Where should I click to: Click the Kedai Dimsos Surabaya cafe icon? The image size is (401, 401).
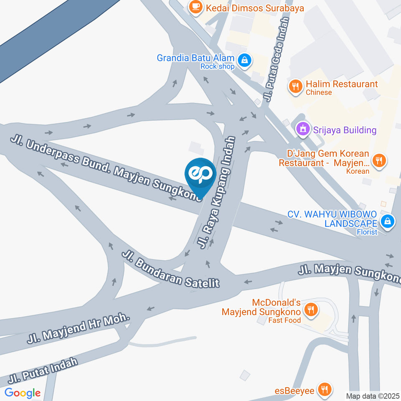(x=195, y=6)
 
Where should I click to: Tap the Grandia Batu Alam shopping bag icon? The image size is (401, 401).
(x=244, y=61)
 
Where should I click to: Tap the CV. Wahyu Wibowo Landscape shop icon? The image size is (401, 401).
(x=388, y=221)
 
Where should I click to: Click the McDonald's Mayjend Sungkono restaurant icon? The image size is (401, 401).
(x=310, y=310)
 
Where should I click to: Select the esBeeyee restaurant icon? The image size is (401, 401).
(x=324, y=390)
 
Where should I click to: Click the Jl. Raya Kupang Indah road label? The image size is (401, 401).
(x=218, y=193)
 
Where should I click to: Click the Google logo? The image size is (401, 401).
(x=23, y=393)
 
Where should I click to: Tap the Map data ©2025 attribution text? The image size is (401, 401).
(x=373, y=396)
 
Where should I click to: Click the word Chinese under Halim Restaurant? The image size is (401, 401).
(x=319, y=93)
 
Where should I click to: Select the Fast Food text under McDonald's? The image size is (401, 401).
(x=284, y=320)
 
